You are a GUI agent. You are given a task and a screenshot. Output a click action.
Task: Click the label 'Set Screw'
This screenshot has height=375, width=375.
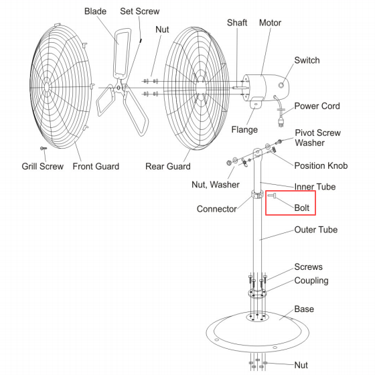(x=140, y=11)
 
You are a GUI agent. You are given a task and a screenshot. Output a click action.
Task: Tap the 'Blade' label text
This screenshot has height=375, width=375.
(x=95, y=11)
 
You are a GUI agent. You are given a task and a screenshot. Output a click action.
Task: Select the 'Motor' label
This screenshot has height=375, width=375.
(x=270, y=23)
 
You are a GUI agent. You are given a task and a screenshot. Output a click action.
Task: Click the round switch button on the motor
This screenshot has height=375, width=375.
(x=281, y=85)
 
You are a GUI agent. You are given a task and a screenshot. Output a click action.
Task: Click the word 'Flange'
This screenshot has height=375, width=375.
(x=244, y=130)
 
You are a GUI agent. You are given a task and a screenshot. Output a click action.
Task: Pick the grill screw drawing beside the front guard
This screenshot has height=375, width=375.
(x=44, y=148)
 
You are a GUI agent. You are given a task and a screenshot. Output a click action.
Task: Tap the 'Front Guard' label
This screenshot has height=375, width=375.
(x=96, y=166)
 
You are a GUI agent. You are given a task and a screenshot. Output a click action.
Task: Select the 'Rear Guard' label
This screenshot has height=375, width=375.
(x=168, y=166)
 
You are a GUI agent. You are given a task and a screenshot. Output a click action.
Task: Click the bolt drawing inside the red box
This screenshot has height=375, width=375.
(x=272, y=196)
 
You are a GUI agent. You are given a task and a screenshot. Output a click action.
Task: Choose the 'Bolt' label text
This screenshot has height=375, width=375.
(x=302, y=208)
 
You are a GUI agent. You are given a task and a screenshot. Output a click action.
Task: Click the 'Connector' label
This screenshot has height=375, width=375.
(x=217, y=209)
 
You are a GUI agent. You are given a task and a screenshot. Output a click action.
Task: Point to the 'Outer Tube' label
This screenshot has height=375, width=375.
(x=316, y=230)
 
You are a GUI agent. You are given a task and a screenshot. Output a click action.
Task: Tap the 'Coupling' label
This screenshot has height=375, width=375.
(x=311, y=281)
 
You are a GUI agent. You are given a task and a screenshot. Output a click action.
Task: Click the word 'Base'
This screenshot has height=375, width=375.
(x=304, y=309)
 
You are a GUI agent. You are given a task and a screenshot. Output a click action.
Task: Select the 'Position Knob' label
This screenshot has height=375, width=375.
(x=321, y=165)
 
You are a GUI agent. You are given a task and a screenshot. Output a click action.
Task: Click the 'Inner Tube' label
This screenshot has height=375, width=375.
(x=315, y=187)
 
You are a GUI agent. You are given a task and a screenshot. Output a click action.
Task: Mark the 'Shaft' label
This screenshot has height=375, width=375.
(x=237, y=23)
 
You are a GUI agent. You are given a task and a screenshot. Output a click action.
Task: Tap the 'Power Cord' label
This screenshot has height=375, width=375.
(x=317, y=106)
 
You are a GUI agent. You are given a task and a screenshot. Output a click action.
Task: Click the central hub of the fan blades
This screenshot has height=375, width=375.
(x=119, y=88)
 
